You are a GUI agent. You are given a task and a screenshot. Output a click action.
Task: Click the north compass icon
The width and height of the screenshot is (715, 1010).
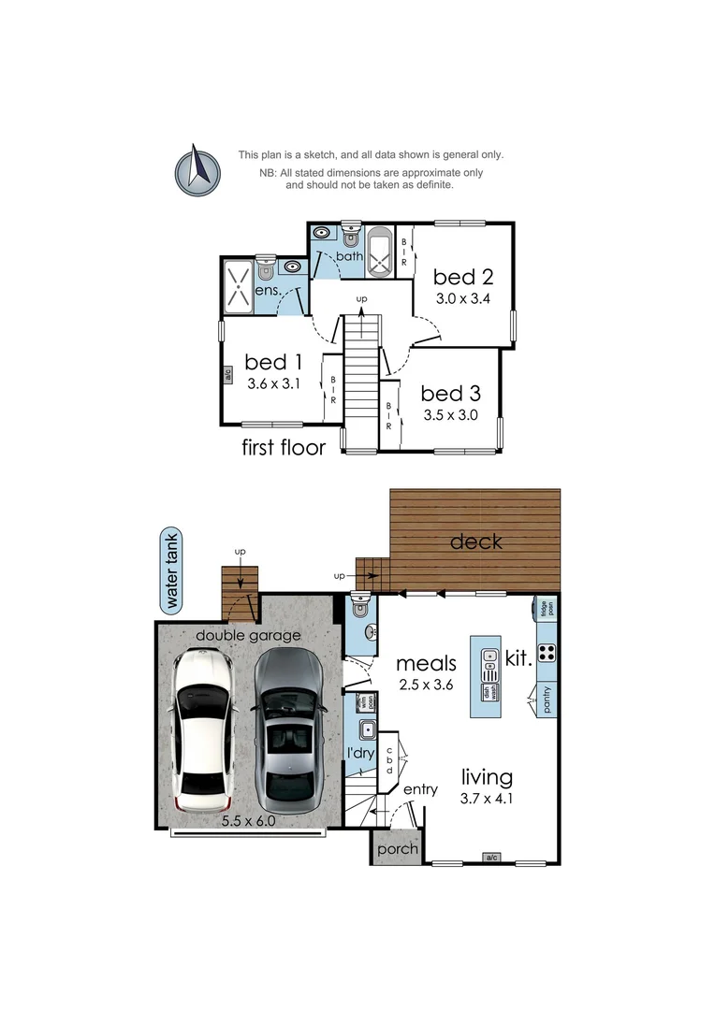coord(197,171)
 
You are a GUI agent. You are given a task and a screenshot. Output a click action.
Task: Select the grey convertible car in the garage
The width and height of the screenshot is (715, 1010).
coord(287,730)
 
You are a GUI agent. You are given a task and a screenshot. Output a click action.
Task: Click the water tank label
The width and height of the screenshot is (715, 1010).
coord(171,570)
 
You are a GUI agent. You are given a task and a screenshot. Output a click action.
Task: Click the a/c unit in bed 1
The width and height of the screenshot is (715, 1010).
coord(227,376)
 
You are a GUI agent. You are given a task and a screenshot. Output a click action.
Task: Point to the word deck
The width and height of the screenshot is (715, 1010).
coord(476,541)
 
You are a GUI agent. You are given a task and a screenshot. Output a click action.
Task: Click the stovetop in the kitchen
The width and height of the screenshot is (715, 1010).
coord(547,653)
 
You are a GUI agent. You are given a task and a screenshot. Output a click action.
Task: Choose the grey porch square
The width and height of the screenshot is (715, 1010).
coord(396,849)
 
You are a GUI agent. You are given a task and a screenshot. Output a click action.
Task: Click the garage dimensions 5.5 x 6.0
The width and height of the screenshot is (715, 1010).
coord(248,821)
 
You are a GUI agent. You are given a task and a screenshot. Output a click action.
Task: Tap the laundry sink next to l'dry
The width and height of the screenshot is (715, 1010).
coord(368,731)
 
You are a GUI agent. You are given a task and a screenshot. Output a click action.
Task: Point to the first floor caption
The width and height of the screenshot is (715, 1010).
coord(284,447)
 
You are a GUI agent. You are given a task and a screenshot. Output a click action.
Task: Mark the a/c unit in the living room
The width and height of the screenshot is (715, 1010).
coord(490,857)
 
